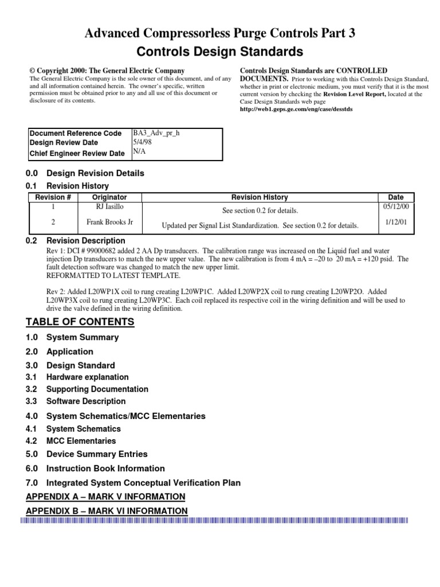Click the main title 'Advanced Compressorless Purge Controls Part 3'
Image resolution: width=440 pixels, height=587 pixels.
220,34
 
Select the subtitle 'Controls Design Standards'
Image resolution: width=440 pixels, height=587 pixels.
220,52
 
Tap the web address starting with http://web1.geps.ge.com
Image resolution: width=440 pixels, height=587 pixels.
296,109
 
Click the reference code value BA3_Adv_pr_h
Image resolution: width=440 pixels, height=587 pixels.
156,132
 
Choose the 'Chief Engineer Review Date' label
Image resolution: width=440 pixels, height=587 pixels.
77,153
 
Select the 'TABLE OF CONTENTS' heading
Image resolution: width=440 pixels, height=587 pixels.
81,322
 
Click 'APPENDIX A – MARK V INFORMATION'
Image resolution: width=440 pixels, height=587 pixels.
106,496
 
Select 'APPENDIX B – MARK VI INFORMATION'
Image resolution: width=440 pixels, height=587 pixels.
107,511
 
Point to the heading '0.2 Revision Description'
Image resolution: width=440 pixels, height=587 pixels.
76,241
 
